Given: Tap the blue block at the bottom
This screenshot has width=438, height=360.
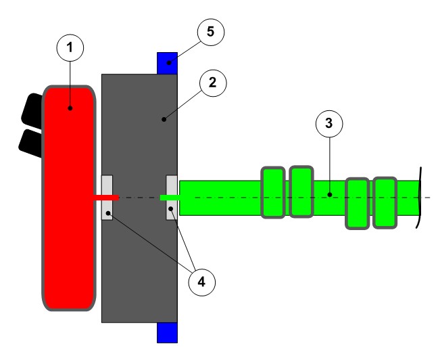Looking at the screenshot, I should click(167, 332).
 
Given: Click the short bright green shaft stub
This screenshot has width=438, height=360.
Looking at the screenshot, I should click(169, 197).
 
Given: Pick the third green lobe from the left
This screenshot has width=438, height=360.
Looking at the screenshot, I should click(357, 203).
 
